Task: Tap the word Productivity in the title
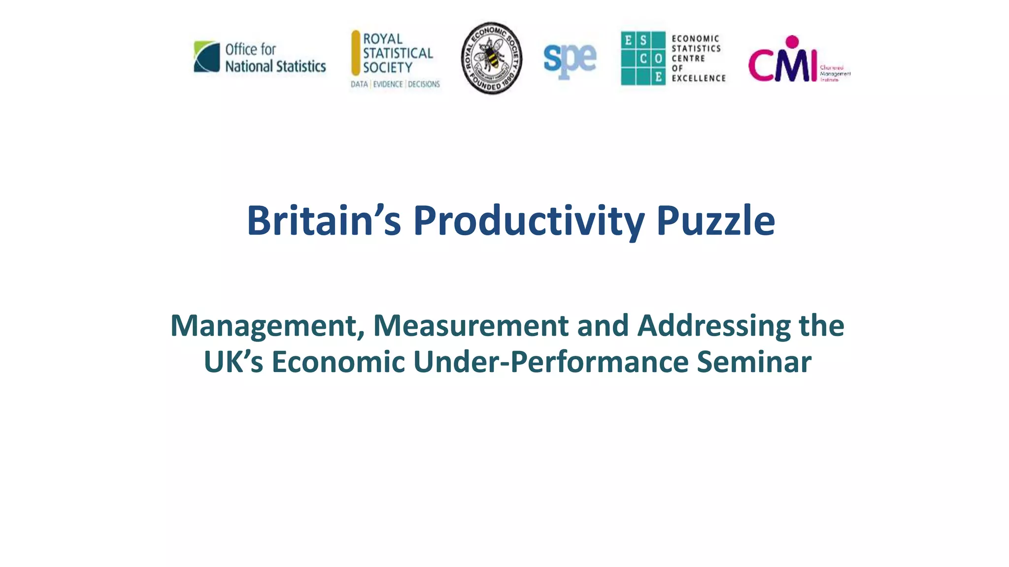pyautogui.click(x=529, y=220)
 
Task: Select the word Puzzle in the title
pyautogui.click(x=715, y=220)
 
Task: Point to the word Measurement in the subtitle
pyautogui.click(x=471, y=326)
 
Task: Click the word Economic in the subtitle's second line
pyautogui.click(x=338, y=362)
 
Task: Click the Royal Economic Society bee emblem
pyautogui.click(x=491, y=58)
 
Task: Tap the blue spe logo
pyautogui.click(x=570, y=60)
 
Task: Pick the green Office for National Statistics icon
pyautogui.click(x=207, y=57)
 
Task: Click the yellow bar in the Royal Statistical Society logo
pyautogui.click(x=356, y=53)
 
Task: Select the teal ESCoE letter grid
pyautogui.click(x=643, y=58)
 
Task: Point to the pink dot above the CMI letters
pyautogui.click(x=792, y=41)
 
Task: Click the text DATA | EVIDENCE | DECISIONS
pyautogui.click(x=395, y=84)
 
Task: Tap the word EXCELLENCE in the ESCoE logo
pyautogui.click(x=699, y=78)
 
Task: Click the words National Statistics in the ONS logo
pyautogui.click(x=275, y=66)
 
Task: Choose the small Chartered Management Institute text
pyautogui.click(x=835, y=73)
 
